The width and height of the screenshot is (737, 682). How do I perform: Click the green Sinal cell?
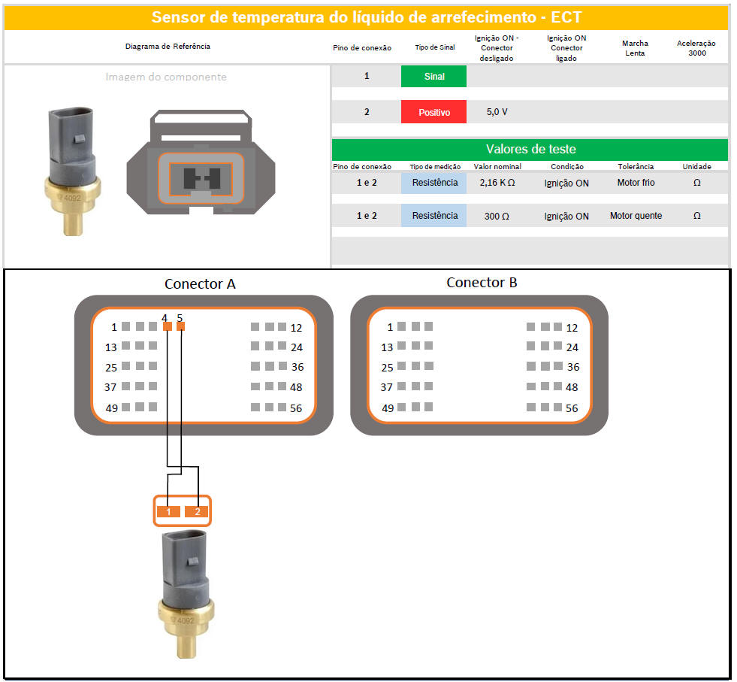pos(433,76)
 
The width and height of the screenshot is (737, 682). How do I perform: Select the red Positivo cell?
pos(433,112)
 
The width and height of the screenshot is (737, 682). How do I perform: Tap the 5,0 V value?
pos(497,112)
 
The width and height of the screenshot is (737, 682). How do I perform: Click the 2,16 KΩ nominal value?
pos(497,183)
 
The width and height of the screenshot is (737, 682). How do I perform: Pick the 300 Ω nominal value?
pos(497,216)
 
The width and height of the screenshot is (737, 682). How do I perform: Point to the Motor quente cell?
pos(636,215)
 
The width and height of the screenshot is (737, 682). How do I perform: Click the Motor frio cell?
pos(636,183)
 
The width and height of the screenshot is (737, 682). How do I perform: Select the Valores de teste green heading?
pos(530,149)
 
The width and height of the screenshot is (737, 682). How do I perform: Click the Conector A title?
pos(200,284)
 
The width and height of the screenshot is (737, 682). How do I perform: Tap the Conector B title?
pos(482,283)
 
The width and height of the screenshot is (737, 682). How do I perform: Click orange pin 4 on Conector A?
pos(168,326)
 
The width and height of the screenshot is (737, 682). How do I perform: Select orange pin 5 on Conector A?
pos(181,326)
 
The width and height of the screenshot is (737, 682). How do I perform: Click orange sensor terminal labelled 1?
pos(168,512)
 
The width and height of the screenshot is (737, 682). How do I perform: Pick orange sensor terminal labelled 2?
pos(197,512)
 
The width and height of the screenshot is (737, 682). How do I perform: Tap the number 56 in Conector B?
pos(572,408)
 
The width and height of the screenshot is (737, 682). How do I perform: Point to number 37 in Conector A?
pos(110,387)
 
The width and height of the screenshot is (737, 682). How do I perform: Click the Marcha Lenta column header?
pos(635,48)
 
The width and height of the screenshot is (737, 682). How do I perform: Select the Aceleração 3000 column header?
pos(696,48)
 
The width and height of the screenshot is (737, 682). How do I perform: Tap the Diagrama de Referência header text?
pos(168,46)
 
